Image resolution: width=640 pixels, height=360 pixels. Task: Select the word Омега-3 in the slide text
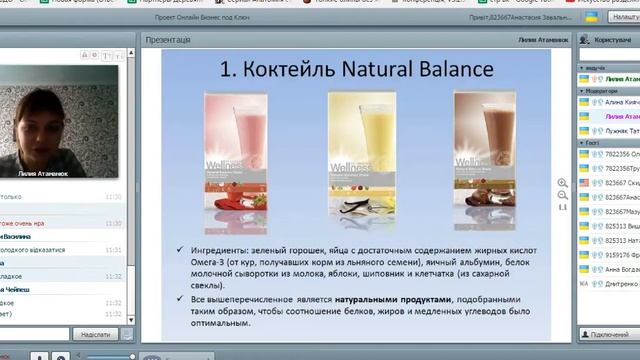[x=204, y=260]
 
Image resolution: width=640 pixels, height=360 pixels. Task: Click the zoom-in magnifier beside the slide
[x=562, y=183]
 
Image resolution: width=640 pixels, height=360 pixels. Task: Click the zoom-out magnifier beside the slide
[x=562, y=195]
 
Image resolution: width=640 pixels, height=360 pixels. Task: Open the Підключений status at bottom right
[x=607, y=334]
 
